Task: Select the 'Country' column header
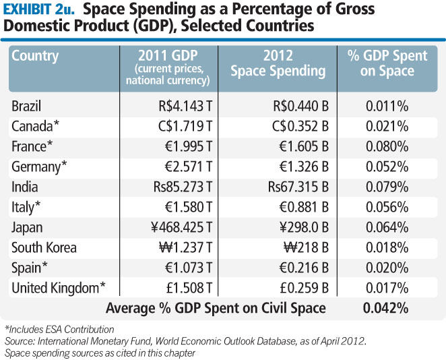(35, 56)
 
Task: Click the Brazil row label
(28, 106)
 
